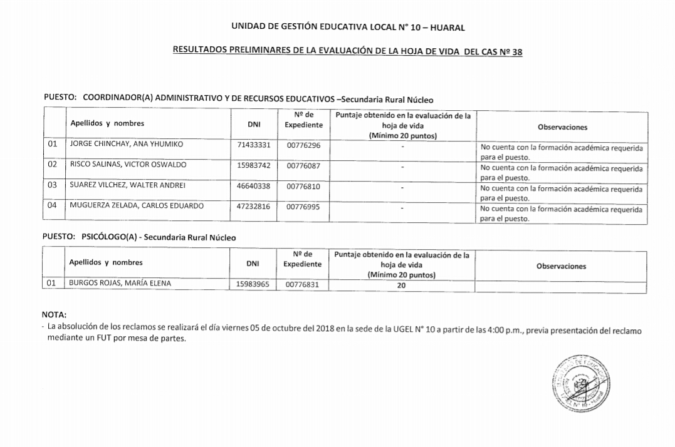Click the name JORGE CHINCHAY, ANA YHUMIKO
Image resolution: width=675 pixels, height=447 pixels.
pyautogui.click(x=126, y=144)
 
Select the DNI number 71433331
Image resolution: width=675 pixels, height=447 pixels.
pyautogui.click(x=254, y=145)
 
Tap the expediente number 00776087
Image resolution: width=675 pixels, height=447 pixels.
pyautogui.click(x=303, y=165)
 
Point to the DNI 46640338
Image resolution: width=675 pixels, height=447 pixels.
pyautogui.click(x=254, y=186)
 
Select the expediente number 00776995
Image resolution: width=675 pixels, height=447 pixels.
pyautogui.click(x=303, y=207)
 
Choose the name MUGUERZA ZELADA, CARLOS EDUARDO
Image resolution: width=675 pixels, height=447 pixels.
pyautogui.click(x=137, y=206)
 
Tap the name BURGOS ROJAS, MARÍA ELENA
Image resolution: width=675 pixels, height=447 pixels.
pyautogui.click(x=120, y=284)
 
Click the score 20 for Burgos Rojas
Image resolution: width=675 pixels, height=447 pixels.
pyautogui.click(x=401, y=285)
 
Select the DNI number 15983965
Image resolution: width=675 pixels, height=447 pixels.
pyautogui.click(x=253, y=284)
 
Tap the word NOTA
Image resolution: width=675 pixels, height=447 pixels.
pyautogui.click(x=54, y=315)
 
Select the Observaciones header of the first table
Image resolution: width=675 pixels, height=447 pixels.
pyautogui.click(x=562, y=127)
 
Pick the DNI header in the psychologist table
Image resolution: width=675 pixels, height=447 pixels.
pyautogui.click(x=253, y=264)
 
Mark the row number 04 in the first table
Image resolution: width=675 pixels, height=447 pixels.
pyautogui.click(x=53, y=206)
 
